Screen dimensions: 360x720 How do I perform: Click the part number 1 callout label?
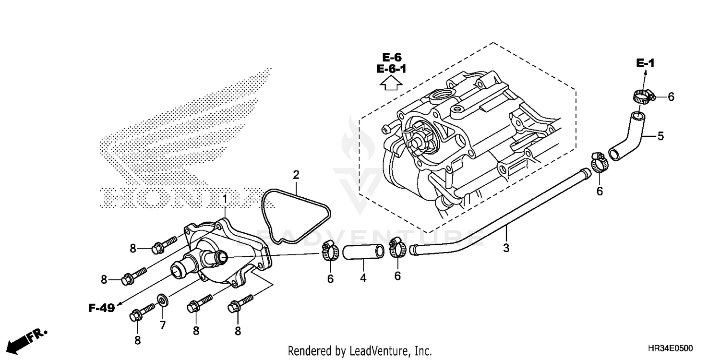pyautogui.click(x=224, y=198)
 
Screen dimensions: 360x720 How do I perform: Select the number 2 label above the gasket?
pyautogui.click(x=296, y=174)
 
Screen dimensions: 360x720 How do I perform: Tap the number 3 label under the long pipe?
pyautogui.click(x=506, y=248)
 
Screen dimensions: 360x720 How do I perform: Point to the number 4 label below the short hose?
pyautogui.click(x=363, y=277)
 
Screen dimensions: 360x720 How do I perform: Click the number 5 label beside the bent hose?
pyautogui.click(x=660, y=136)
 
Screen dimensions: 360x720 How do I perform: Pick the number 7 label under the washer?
pyautogui.click(x=162, y=325)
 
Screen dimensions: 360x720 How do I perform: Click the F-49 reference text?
pyautogui.click(x=102, y=308)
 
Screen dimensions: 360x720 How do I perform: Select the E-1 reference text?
pyautogui.click(x=645, y=62)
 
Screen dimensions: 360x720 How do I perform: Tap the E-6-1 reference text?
pyautogui.click(x=391, y=69)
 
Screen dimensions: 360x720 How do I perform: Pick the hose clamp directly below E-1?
pyautogui.click(x=641, y=96)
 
